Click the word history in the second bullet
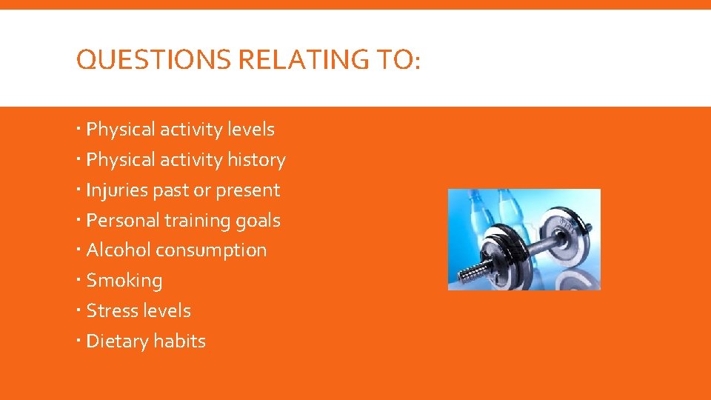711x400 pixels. pyautogui.click(x=256, y=160)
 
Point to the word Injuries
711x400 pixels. pyautogui.click(x=117, y=190)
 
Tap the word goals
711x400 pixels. pyautogui.click(x=258, y=221)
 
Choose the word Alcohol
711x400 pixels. pyautogui.click(x=118, y=250)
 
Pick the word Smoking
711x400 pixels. pyautogui.click(x=124, y=281)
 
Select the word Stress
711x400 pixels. pyautogui.click(x=110, y=311)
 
